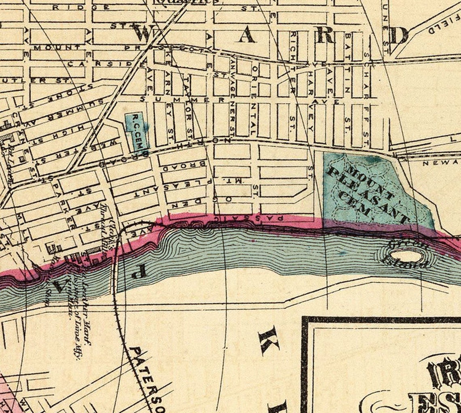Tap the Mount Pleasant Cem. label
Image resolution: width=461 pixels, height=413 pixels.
click(366, 190)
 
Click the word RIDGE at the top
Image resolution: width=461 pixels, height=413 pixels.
click(81, 7)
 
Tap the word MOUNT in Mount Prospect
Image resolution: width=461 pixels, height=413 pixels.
click(57, 48)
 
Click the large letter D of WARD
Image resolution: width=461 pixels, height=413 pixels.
click(399, 36)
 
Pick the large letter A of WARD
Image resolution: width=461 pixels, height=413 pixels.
click(246, 36)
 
